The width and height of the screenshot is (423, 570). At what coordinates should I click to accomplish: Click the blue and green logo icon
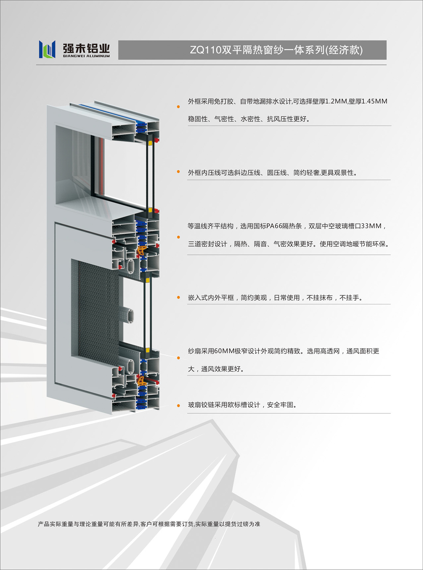tap(47, 49)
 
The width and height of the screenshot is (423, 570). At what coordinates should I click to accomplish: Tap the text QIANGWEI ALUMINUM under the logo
tap(86, 56)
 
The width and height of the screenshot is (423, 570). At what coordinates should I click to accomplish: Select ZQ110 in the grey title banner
tap(205, 50)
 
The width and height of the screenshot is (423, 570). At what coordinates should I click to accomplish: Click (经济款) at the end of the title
tap(344, 50)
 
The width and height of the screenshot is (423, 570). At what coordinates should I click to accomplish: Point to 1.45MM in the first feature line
tap(374, 101)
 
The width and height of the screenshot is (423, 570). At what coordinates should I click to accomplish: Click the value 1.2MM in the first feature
tap(336, 101)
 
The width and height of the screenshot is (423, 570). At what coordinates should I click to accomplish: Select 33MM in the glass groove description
tap(371, 226)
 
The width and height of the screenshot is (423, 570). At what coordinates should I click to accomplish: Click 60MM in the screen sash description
tap(224, 351)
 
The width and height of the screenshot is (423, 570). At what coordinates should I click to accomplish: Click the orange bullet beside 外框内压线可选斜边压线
tap(178, 172)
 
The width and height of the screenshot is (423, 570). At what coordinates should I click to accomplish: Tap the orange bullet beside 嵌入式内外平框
tap(178, 298)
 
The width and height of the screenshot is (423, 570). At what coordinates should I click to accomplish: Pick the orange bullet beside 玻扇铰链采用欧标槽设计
tap(178, 406)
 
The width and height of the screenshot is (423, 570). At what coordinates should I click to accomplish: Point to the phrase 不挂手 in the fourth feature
tap(349, 298)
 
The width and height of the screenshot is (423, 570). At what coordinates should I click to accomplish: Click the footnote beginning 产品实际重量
tap(149, 524)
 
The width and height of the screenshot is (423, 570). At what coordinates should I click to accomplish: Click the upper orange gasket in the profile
tap(142, 250)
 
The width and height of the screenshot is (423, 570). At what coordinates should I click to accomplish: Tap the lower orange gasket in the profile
tap(142, 381)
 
